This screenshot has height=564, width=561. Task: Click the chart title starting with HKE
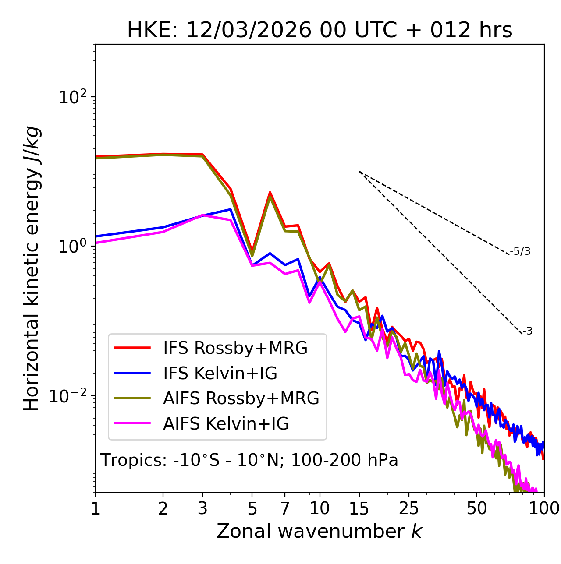tap(320, 30)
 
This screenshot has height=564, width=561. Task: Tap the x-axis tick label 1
tap(96, 508)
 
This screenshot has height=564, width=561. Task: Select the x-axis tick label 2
tap(163, 508)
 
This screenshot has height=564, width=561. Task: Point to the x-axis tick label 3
tap(202, 508)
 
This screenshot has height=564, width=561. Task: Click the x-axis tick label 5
tap(252, 508)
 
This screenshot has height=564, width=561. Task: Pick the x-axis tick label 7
tap(285, 508)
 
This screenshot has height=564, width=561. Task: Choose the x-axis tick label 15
tap(359, 508)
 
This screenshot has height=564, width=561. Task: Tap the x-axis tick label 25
tap(409, 508)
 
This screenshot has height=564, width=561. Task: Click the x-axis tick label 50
tap(476, 508)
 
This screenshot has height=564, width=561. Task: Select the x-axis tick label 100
tap(543, 508)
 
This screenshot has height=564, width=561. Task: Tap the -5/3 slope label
tap(520, 251)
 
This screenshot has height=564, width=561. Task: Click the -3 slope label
tap(527, 331)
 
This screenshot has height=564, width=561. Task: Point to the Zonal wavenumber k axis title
tap(320, 532)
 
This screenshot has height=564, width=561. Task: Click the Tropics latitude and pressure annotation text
tap(249, 461)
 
